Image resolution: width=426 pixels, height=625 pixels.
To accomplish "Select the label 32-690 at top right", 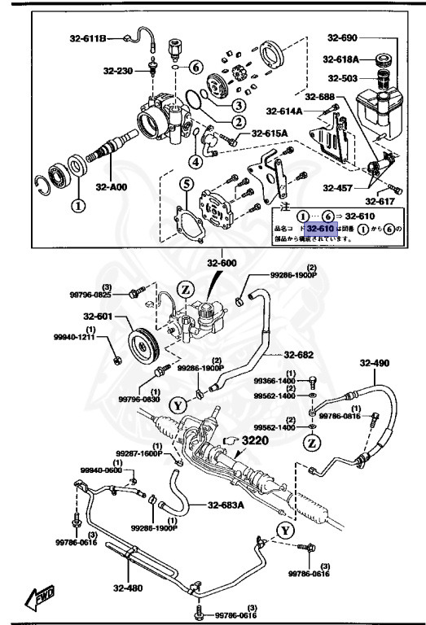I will click(x=343, y=37).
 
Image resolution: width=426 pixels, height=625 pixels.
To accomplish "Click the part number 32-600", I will click(x=222, y=263).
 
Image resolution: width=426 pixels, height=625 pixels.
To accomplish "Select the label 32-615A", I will click(x=269, y=134).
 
